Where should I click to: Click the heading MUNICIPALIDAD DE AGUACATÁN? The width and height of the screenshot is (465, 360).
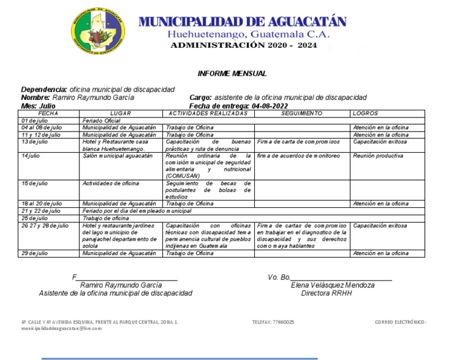click(243, 22)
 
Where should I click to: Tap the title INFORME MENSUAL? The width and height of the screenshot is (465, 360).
click(232, 73)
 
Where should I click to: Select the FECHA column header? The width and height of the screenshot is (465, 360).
click(48, 113)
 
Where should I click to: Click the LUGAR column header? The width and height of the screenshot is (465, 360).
click(120, 113)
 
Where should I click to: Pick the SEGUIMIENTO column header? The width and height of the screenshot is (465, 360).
click(302, 113)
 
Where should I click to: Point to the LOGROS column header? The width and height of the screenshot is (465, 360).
click(364, 113)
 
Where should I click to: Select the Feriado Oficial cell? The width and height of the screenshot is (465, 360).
click(101, 121)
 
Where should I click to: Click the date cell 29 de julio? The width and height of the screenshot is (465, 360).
click(35, 253)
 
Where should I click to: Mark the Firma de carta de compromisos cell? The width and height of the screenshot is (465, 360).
click(298, 142)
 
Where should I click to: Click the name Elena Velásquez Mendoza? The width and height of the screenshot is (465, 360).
click(332, 285)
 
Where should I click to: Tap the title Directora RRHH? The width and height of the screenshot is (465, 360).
click(326, 293)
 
